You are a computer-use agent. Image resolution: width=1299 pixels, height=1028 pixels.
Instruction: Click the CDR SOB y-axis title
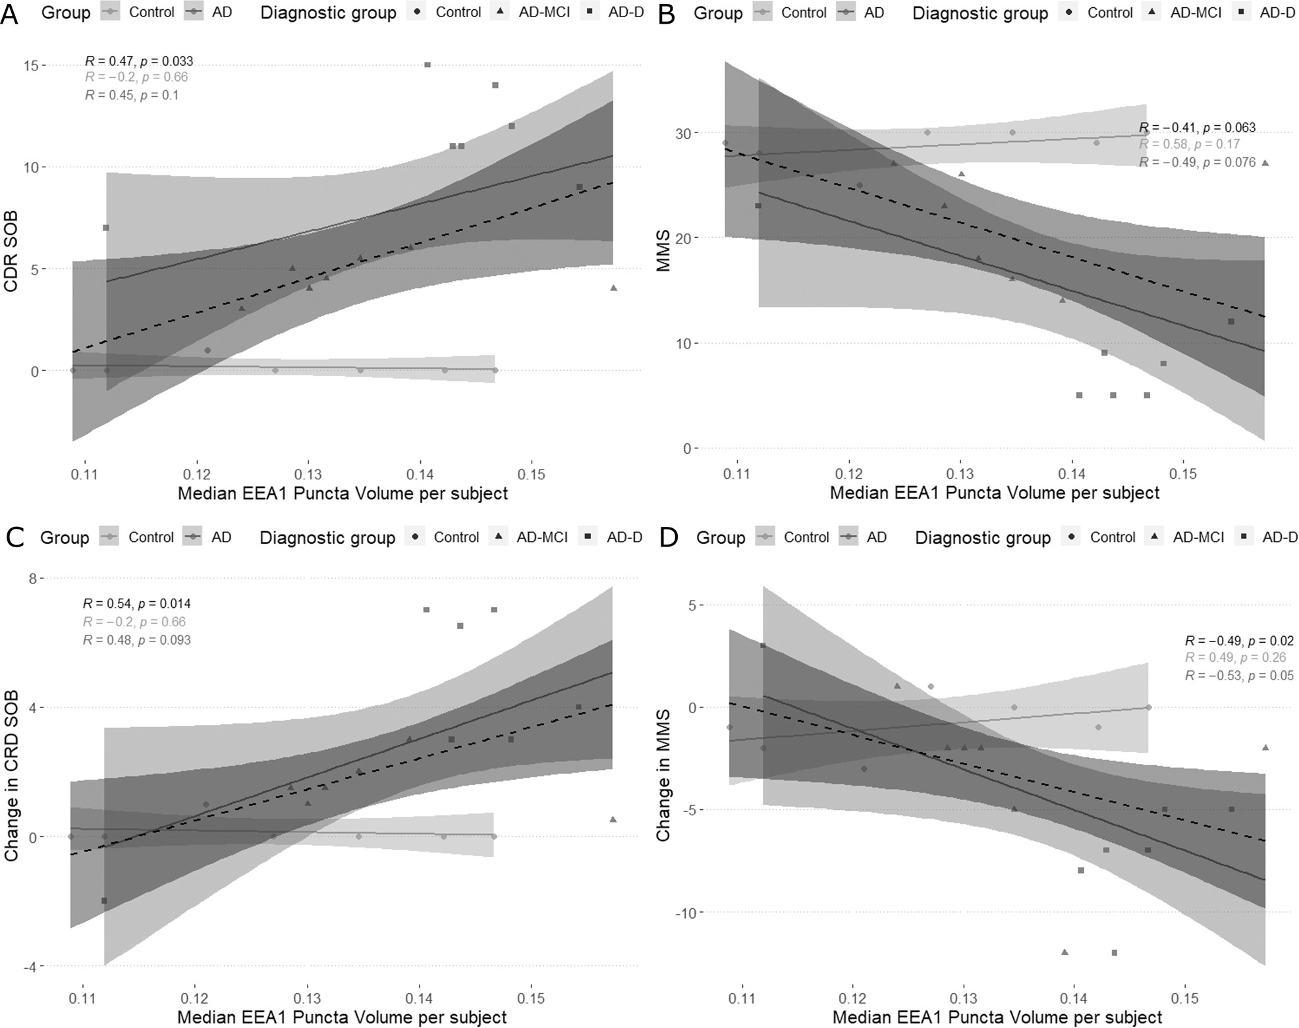(11, 251)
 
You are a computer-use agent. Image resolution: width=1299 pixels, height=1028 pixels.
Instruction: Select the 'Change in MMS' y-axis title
(663, 774)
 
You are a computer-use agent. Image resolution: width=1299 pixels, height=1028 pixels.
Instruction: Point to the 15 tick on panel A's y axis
(31, 66)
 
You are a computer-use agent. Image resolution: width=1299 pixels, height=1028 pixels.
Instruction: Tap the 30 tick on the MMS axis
(683, 134)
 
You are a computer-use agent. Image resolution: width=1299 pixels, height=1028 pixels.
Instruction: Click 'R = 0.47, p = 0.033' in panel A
(139, 61)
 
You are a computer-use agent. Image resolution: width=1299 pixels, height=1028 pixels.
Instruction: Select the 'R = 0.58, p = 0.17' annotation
(1189, 144)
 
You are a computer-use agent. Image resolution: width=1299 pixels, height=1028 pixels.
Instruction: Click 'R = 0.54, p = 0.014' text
(136, 603)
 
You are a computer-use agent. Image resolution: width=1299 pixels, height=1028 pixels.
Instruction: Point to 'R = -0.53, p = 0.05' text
(1239, 676)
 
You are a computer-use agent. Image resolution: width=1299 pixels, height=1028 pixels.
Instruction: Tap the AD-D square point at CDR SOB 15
(428, 65)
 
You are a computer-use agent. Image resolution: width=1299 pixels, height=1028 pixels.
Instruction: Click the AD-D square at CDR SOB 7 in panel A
(105, 228)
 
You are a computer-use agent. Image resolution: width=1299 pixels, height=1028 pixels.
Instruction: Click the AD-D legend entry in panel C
(613, 537)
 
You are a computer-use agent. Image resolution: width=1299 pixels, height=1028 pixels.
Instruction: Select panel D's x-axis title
(997, 1017)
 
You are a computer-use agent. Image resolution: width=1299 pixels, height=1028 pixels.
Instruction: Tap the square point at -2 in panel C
(104, 901)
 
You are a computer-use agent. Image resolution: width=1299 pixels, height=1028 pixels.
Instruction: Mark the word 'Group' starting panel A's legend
(66, 13)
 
